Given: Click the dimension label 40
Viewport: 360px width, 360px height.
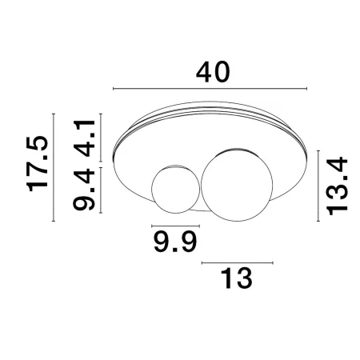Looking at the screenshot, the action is tap(213, 72).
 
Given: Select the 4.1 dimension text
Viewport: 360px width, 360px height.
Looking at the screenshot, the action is tap(84, 138).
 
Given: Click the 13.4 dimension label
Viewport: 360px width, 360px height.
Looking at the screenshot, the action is tap(338, 186).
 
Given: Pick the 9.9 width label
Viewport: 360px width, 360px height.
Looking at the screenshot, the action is tap(175, 242).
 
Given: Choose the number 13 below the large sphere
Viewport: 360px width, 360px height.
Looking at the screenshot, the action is tap(236, 278).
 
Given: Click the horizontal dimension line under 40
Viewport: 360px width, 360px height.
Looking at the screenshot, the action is tap(210, 89).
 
